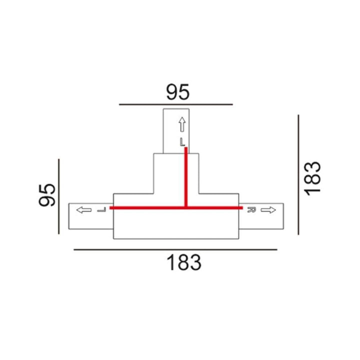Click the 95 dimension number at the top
[x=178, y=92]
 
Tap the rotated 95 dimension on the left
[x=47, y=195]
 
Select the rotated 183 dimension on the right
[x=312, y=178]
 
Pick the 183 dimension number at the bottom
[x=184, y=262]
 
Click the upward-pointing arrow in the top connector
[x=182, y=124]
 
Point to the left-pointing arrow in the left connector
[x=84, y=210]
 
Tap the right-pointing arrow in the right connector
[x=268, y=210]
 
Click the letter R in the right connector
[x=251, y=210]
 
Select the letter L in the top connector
[x=182, y=142]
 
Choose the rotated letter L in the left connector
[x=101, y=210]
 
